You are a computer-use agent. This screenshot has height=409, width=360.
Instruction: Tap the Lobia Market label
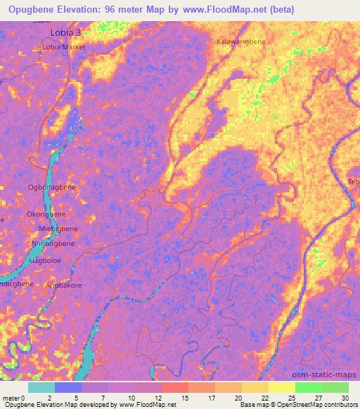coord(64,47)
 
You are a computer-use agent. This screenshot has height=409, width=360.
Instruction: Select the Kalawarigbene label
coord(241,42)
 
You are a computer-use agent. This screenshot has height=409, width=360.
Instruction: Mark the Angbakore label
coord(63,285)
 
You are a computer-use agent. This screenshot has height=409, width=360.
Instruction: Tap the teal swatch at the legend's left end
coord(41,387)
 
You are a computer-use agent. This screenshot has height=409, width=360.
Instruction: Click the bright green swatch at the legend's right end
coord(335,387)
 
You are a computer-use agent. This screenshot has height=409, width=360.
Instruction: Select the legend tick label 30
coord(345,397)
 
